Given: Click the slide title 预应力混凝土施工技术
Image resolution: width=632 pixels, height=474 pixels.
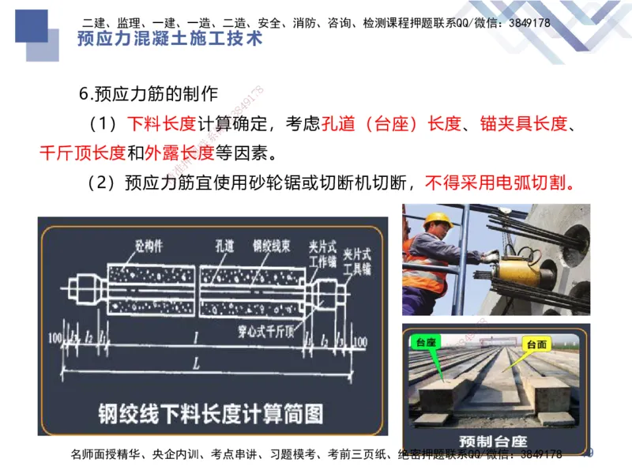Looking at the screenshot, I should [169, 39].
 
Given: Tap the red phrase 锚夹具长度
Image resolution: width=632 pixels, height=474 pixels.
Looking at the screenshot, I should [522, 124].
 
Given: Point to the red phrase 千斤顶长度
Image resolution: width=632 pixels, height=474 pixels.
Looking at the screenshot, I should [82, 152].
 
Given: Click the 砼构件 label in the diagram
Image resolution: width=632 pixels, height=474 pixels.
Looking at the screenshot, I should [148, 245].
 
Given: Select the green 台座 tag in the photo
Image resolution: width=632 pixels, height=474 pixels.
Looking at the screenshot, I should [427, 341].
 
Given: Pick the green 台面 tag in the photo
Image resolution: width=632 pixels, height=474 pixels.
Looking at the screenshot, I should [536, 344].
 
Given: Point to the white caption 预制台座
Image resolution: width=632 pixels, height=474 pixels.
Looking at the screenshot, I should [494, 440].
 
